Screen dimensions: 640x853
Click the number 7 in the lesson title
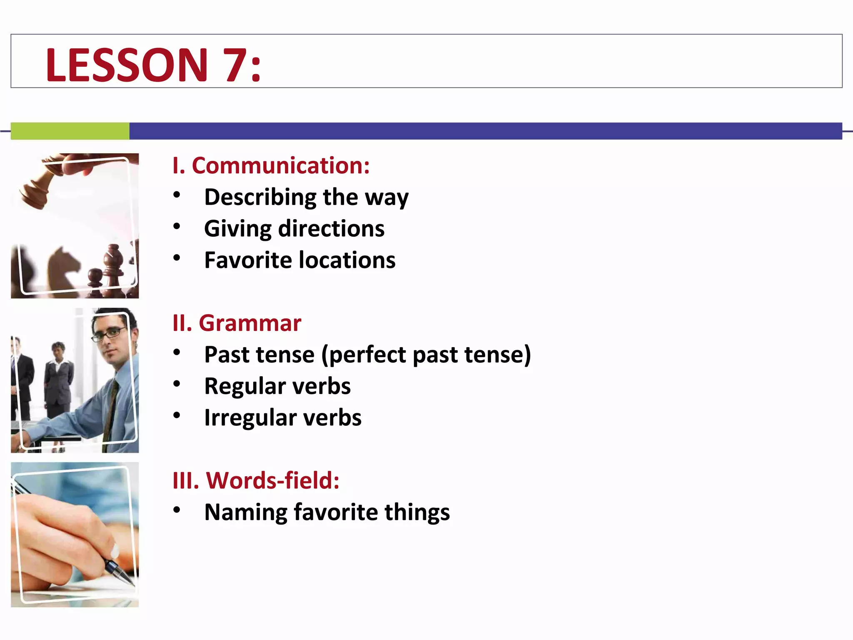(x=235, y=65)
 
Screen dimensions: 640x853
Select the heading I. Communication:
(x=271, y=165)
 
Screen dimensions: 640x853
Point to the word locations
(x=347, y=260)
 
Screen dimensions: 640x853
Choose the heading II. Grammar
(x=237, y=323)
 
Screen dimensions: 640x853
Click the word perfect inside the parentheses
(x=367, y=355)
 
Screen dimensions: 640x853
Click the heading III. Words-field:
(x=256, y=480)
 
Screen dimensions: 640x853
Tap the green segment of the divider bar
(x=70, y=131)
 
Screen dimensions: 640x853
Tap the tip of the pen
(x=132, y=584)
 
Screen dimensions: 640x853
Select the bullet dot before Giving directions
(x=177, y=227)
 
